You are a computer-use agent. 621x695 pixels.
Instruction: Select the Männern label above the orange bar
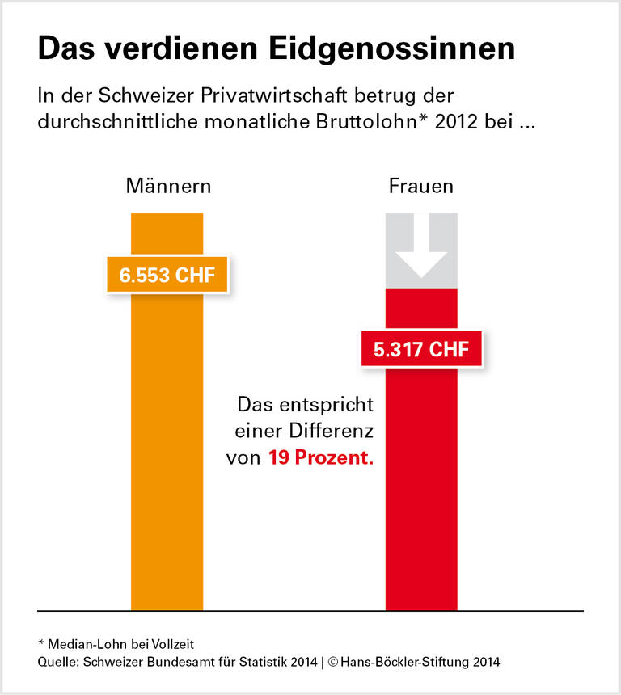coord(168,187)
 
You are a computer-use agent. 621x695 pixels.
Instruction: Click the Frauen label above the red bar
coord(420,187)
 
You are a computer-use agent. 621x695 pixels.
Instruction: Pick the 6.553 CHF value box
coord(167,275)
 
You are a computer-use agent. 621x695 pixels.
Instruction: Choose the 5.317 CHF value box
coord(421,351)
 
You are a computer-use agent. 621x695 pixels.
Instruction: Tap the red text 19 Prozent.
coord(321,457)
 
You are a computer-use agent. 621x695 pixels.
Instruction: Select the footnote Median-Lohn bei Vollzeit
coord(120,643)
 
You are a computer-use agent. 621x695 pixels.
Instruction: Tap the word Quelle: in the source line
coord(59,663)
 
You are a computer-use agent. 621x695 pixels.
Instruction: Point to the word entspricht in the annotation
coord(327,404)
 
